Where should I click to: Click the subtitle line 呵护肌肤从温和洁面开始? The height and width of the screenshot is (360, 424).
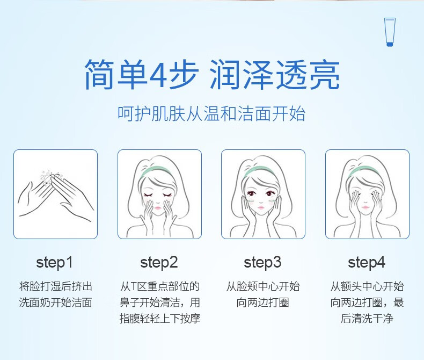click(x=211, y=114)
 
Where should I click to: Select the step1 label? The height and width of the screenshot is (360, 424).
click(x=55, y=263)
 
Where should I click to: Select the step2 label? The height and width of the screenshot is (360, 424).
click(x=159, y=263)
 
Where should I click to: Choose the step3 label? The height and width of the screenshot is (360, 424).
click(x=262, y=263)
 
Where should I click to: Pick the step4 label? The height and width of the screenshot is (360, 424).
click(x=367, y=263)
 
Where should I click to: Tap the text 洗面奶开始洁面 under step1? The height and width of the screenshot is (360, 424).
click(x=55, y=303)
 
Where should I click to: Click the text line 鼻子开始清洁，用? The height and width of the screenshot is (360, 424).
click(x=159, y=303)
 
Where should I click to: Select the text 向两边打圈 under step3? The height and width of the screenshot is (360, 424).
click(x=263, y=303)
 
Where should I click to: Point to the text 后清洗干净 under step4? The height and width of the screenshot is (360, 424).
click(x=367, y=319)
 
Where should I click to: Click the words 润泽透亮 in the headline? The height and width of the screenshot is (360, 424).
click(x=275, y=75)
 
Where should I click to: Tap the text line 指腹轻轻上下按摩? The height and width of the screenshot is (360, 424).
click(x=159, y=319)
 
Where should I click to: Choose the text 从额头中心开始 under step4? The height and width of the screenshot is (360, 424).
click(x=367, y=286)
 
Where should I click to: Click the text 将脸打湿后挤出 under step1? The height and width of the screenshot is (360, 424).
click(x=55, y=286)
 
